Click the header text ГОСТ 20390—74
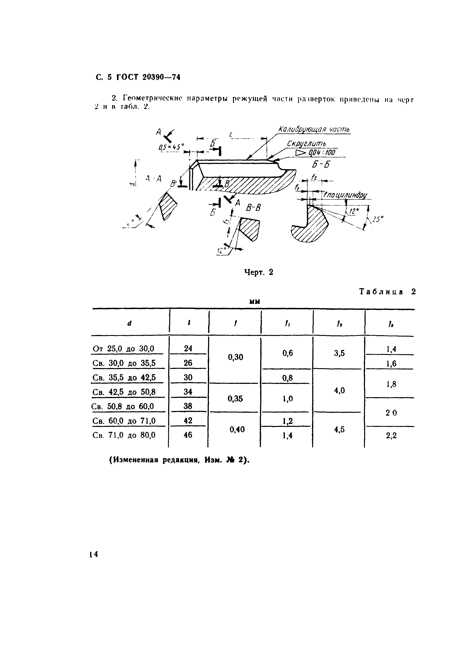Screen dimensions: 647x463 tap(148, 77)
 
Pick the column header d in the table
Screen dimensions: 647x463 tap(130, 323)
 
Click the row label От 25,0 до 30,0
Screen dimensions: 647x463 tap(123, 349)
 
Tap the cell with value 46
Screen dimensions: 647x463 tap(188, 435)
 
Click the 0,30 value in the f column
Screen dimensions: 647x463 tap(235, 357)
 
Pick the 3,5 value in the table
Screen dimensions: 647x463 tap(339, 353)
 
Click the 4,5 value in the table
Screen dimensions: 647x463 tap(339, 429)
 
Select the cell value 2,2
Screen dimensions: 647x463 tap(391, 435)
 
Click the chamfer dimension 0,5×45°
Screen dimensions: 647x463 tap(171, 147)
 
